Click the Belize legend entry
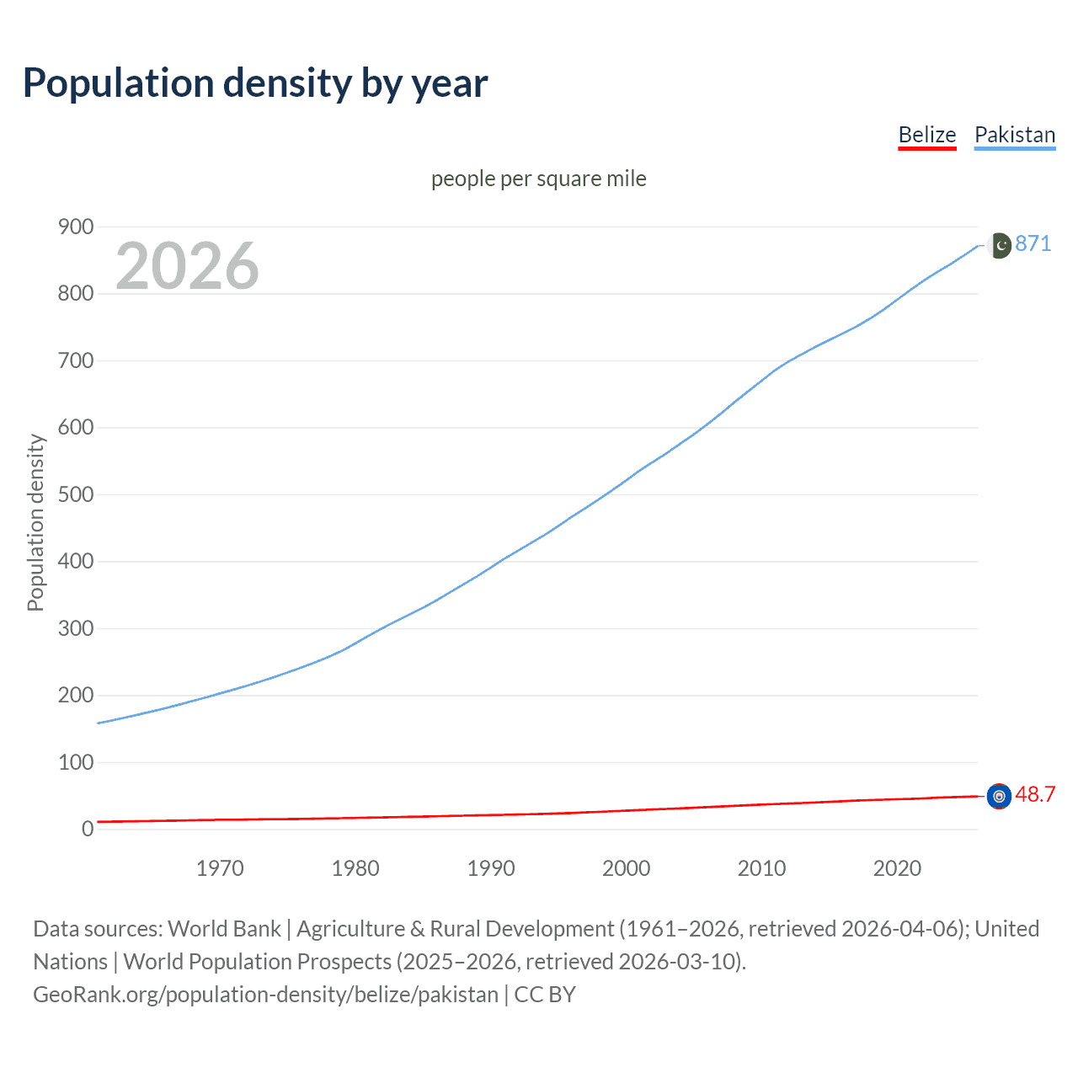(926, 135)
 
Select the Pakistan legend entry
(1014, 135)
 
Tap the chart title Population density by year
(255, 83)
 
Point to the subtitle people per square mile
(538, 179)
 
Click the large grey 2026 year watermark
(187, 266)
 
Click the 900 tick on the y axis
(75, 227)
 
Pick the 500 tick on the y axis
(75, 494)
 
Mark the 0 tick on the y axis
(88, 829)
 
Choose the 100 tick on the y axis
(75, 762)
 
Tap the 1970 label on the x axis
(220, 868)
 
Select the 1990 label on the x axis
(491, 868)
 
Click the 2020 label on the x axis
(897, 868)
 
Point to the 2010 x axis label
(761, 868)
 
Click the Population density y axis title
(35, 522)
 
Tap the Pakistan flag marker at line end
(999, 245)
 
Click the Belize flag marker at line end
(999, 796)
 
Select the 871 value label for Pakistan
(1033, 244)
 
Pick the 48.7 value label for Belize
(1035, 795)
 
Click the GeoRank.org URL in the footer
(265, 995)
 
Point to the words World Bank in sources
(224, 929)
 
